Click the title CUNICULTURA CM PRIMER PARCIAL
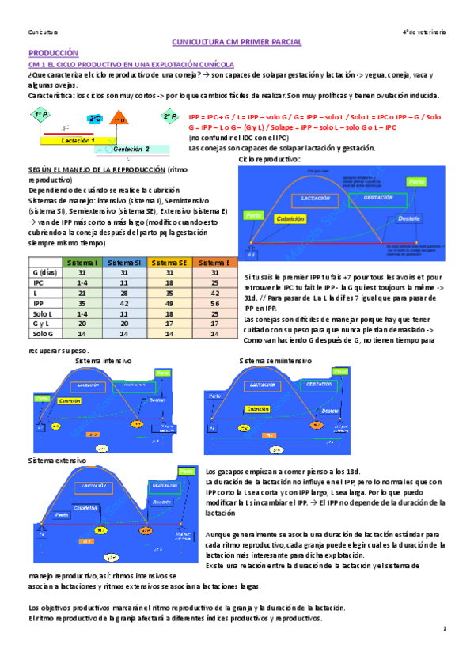(x=238, y=40)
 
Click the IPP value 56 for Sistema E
(x=212, y=303)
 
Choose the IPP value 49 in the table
(x=169, y=303)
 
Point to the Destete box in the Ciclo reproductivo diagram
(x=408, y=218)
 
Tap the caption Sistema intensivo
(x=104, y=361)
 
